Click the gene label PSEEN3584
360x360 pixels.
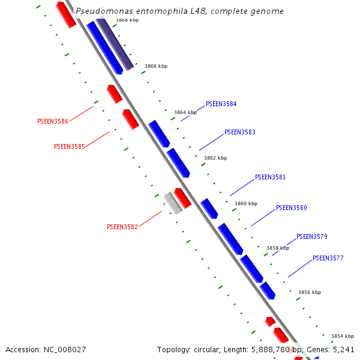point(221,104)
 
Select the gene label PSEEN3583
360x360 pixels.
point(239,132)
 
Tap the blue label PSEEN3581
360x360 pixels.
point(270,177)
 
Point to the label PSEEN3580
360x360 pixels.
point(291,208)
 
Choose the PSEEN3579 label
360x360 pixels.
point(311,236)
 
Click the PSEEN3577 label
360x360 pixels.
point(328,258)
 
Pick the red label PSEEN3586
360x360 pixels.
point(53,121)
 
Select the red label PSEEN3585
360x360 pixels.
point(69,146)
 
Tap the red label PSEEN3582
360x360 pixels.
point(122,227)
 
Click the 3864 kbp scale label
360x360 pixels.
point(185,112)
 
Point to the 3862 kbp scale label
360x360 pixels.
point(215,158)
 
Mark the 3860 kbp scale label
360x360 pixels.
point(245,203)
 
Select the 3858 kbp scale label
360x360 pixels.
point(278,248)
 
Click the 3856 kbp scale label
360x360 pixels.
point(310,292)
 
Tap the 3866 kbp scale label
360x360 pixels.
point(156,66)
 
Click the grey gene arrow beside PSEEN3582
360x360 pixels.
point(173,203)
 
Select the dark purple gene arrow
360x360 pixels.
point(115,44)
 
